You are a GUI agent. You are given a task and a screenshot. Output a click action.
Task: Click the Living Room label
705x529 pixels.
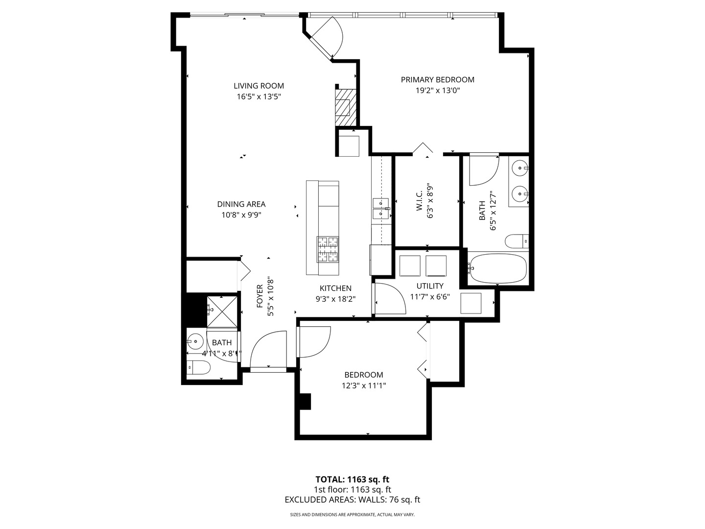click(258, 86)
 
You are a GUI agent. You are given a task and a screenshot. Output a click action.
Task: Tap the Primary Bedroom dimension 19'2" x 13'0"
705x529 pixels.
click(437, 91)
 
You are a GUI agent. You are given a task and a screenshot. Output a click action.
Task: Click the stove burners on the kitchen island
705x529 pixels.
click(328, 249)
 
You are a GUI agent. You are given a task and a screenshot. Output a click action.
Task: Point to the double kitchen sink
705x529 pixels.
click(380, 209)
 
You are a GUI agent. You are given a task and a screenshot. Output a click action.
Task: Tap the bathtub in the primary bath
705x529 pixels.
click(497, 268)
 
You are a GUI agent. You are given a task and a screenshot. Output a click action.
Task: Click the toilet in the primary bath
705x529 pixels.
click(517, 241)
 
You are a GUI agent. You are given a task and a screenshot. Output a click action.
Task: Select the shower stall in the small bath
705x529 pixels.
click(222, 312)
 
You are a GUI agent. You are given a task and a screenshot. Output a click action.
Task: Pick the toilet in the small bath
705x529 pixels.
click(198, 366)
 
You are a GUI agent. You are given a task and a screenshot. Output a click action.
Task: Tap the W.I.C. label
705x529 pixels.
click(419, 201)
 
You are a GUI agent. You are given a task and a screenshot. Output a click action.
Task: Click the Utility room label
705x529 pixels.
click(430, 286)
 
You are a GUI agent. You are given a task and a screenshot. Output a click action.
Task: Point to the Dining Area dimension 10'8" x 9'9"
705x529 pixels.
click(241, 215)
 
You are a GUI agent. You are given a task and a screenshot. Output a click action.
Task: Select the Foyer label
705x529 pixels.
click(260, 297)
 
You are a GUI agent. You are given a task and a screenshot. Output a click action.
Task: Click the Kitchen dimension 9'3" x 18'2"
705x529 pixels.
click(335, 299)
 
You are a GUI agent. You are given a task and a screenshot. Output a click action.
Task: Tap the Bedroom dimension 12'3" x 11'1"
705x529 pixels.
click(364, 385)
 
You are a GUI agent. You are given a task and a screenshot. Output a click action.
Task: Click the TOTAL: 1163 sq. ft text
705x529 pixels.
click(352, 479)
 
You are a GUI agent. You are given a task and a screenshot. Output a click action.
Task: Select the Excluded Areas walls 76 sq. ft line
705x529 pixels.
click(352, 500)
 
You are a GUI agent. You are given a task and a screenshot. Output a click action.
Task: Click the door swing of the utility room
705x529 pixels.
click(391, 299)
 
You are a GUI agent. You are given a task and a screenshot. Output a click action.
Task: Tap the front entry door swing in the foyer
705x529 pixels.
click(268, 349)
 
